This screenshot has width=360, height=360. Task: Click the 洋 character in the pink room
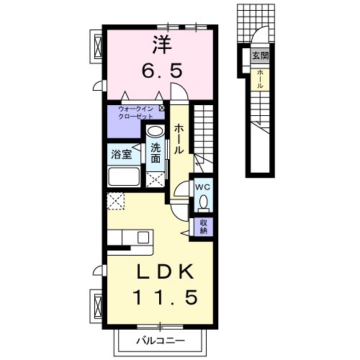[163, 45]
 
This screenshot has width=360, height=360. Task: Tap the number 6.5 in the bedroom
[161, 71]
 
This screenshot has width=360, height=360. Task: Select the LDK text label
[165, 271]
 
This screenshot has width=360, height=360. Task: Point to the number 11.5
[166, 297]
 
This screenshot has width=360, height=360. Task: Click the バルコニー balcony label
[161, 341]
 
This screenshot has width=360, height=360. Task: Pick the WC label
[203, 187]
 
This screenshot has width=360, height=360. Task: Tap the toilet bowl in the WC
[204, 202]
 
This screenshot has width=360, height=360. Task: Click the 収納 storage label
[204, 226]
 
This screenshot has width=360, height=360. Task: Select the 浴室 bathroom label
[122, 154]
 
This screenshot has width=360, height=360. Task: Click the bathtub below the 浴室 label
[124, 176]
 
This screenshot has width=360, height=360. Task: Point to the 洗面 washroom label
[156, 153]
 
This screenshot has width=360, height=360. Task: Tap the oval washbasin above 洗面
[155, 131]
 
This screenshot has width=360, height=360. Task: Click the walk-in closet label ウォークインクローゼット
[136, 113]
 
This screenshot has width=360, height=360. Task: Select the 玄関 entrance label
[260, 56]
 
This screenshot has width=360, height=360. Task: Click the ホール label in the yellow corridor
[179, 139]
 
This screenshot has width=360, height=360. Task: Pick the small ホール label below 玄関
[260, 79]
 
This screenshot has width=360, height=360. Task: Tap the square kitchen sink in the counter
[143, 238]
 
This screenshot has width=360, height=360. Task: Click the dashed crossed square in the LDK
[116, 201]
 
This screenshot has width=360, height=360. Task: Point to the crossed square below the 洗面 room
[155, 179]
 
